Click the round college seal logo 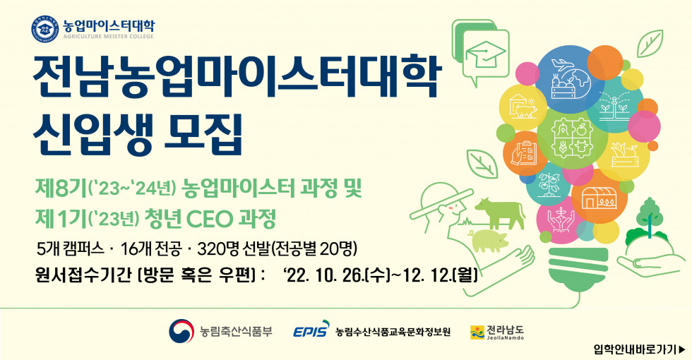44,29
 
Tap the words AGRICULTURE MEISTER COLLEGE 109,37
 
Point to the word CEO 210,218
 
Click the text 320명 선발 234,250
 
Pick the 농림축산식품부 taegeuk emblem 181,331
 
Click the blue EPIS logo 311,329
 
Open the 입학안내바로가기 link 640,349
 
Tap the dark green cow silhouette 500,213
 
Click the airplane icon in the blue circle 561,65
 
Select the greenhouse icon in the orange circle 599,198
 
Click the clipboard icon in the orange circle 523,153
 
